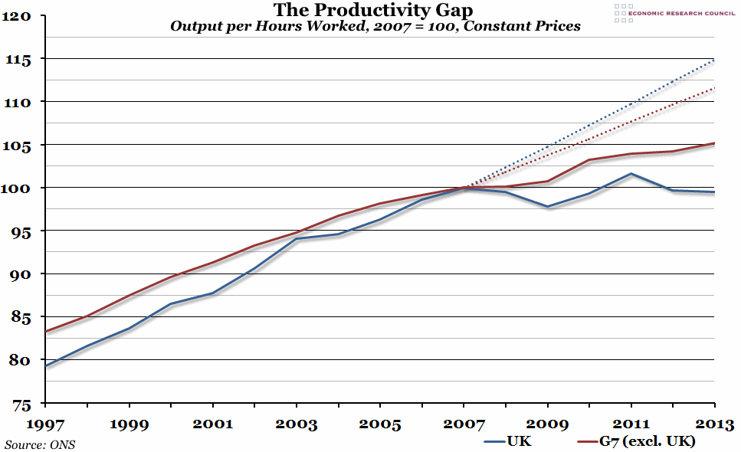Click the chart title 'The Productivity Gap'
(x=375, y=10)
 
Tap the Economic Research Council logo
(x=674, y=13)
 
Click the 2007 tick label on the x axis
(x=464, y=423)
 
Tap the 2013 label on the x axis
(x=714, y=423)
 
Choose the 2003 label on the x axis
(x=297, y=423)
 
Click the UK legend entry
(x=507, y=441)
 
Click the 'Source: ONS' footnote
(x=41, y=444)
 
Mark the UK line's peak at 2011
(x=631, y=174)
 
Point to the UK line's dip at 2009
(x=548, y=207)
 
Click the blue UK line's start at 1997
(x=47, y=366)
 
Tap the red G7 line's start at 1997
(x=47, y=332)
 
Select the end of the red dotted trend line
(x=714, y=88)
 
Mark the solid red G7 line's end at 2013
(x=714, y=143)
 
